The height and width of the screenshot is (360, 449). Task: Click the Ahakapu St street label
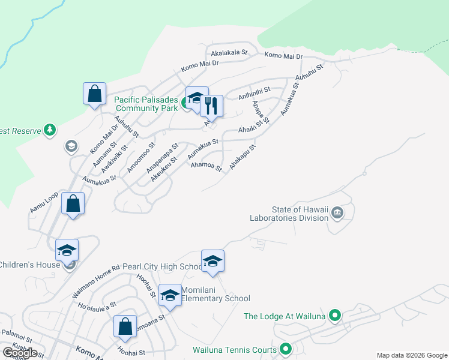click(x=243, y=155)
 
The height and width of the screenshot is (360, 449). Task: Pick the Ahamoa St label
click(x=206, y=166)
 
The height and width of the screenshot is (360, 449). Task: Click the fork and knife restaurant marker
click(x=211, y=107)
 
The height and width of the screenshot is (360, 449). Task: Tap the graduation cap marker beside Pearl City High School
click(x=212, y=261)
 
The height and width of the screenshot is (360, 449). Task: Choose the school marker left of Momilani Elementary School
click(x=170, y=295)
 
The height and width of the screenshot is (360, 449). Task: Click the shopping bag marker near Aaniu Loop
click(x=73, y=203)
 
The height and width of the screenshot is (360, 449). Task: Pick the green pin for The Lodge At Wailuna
click(x=336, y=315)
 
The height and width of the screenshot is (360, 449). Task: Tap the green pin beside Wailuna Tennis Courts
click(x=286, y=349)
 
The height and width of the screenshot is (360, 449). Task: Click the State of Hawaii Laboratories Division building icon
click(x=337, y=211)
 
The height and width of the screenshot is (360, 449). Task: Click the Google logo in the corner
click(x=20, y=353)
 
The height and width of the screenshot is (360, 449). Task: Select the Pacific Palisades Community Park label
click(x=146, y=104)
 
